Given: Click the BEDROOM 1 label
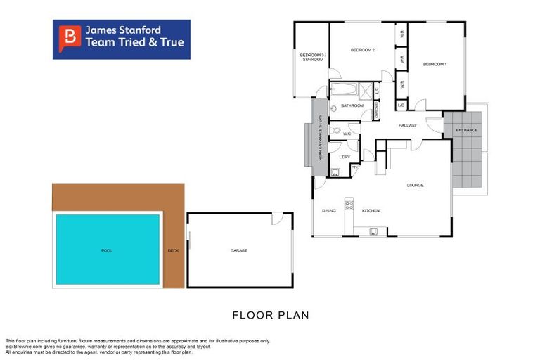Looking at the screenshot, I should tap(435, 65).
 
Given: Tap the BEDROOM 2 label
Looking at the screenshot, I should tap(363, 50).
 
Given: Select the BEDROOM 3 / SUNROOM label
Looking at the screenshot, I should tap(311, 57).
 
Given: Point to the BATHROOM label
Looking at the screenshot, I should tap(352, 105).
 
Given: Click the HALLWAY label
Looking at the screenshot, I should tap(408, 126).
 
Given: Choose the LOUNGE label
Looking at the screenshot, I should tap(415, 185).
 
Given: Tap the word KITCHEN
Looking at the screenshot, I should tap(371, 210).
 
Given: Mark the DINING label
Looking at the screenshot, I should tap(328, 210).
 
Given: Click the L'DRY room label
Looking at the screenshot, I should tap(345, 156).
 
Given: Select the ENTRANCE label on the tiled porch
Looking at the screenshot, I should tap(466, 130).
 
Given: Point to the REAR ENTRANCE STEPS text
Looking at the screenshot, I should tap(320, 137).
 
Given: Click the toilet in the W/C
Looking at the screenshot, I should tap(335, 131).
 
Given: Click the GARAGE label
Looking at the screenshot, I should tap(239, 250).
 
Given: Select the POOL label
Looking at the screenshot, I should tap(107, 250).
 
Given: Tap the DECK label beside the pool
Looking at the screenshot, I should tap(173, 250).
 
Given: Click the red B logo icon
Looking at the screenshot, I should tap(69, 37).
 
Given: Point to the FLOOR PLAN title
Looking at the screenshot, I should tap(271, 315).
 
